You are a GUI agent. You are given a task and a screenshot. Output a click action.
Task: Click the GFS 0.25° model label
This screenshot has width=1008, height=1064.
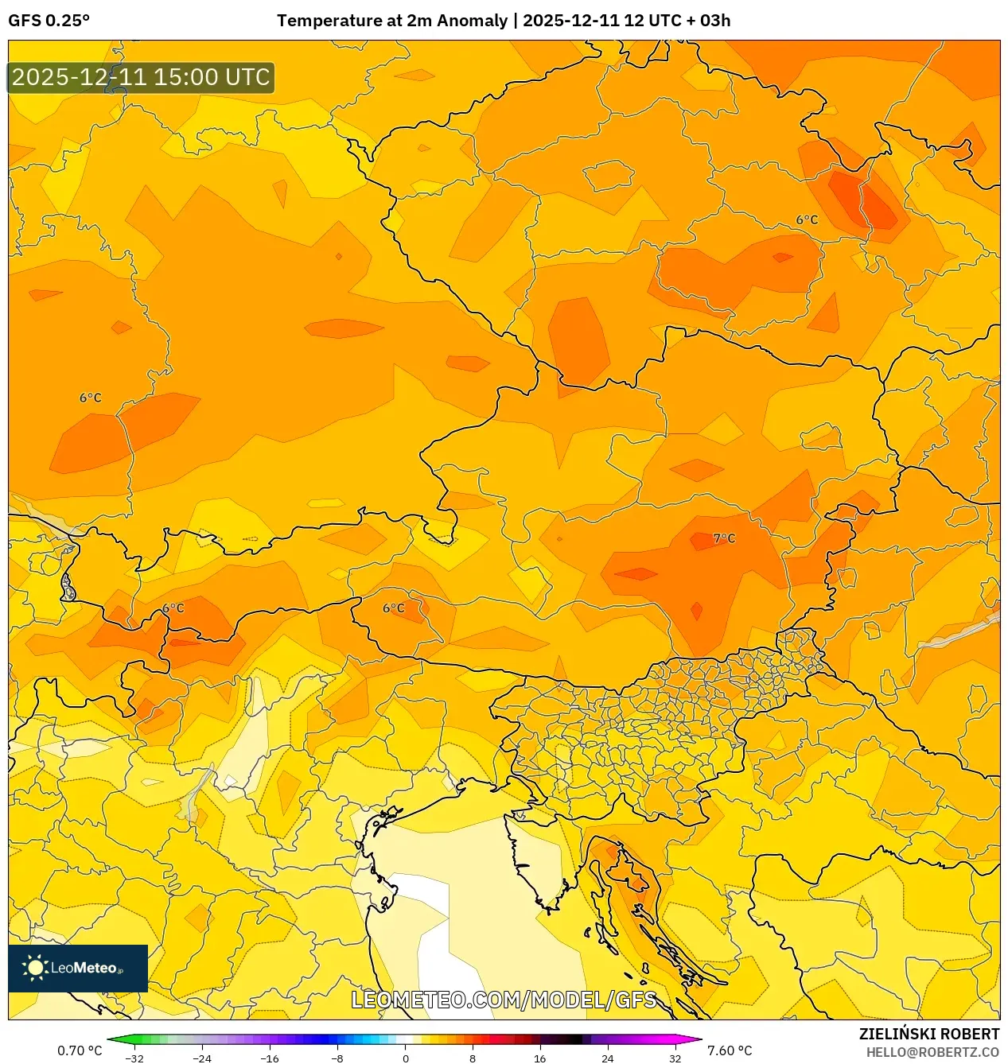(x=49, y=21)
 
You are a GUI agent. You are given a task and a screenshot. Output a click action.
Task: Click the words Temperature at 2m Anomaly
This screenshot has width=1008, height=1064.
(x=391, y=21)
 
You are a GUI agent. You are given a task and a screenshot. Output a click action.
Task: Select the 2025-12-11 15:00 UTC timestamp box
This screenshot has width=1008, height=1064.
(x=141, y=78)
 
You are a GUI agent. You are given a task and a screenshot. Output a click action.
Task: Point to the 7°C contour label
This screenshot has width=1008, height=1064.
(x=724, y=538)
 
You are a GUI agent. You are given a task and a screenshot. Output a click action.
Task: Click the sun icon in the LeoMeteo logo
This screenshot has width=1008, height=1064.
(x=35, y=968)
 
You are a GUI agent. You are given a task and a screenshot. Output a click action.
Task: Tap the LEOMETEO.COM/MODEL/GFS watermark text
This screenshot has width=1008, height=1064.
(x=504, y=1000)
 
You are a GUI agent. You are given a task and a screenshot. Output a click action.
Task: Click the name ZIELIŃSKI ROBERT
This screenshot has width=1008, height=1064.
(x=928, y=1034)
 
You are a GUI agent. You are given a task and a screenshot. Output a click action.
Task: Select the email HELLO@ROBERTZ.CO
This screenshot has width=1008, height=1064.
(x=932, y=1052)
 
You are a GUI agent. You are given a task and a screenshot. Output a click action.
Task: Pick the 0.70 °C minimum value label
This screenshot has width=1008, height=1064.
(x=80, y=1050)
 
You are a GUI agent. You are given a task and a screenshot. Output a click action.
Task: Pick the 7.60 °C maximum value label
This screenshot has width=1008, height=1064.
(x=730, y=1050)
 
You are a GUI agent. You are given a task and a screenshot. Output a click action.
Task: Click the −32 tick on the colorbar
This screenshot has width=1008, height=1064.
(x=134, y=1058)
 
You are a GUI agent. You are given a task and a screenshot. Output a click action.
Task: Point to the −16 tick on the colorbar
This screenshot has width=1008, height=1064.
(x=270, y=1058)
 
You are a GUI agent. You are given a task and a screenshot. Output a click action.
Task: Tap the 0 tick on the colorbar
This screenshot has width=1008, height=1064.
(x=405, y=1058)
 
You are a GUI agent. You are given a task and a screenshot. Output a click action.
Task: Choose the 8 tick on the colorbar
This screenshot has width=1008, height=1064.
(x=473, y=1058)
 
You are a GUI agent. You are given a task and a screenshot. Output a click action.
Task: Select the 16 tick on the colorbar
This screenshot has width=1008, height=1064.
(x=540, y=1058)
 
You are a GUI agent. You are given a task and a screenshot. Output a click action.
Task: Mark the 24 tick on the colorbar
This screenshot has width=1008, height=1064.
(x=608, y=1058)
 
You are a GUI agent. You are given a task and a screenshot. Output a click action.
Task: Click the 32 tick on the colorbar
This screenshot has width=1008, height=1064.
(x=675, y=1058)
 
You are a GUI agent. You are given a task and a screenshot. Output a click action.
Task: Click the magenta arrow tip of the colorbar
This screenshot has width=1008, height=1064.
(x=699, y=1039)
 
